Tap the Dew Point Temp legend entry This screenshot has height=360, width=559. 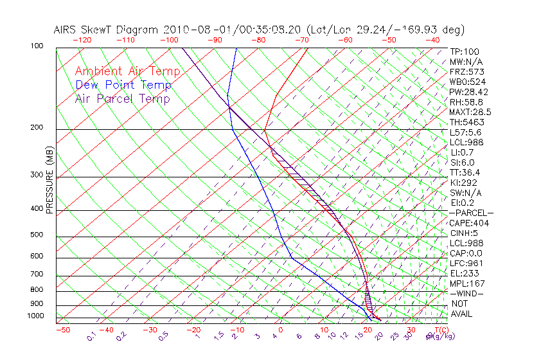click(123, 85)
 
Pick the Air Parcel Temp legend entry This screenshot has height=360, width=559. click(122, 98)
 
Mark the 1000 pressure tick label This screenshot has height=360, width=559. click(36, 316)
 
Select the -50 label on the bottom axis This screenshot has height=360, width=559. click(62, 330)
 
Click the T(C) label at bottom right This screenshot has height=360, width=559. click(438, 330)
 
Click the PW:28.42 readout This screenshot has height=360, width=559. click(466, 92)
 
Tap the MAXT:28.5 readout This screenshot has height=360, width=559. click(467, 112)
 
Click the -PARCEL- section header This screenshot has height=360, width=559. click(471, 213)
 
